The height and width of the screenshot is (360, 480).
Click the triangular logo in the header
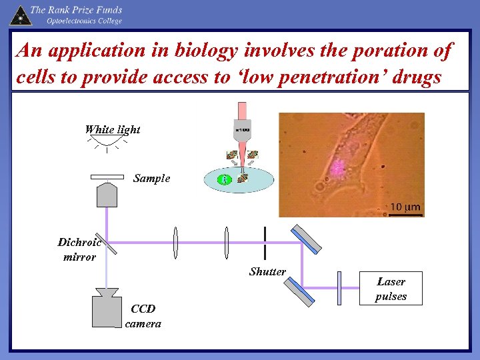pyautogui.click(x=20, y=15)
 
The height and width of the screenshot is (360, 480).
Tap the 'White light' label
pyautogui.click(x=112, y=130)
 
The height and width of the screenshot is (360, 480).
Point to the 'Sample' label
pyautogui.click(x=151, y=179)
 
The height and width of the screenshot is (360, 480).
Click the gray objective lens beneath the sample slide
pyautogui.click(x=107, y=194)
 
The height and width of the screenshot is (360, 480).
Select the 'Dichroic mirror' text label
pyautogui.click(x=79, y=249)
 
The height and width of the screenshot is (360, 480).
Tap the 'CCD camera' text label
pyautogui.click(x=143, y=316)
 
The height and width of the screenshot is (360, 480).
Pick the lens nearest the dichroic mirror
pyautogui.click(x=175, y=243)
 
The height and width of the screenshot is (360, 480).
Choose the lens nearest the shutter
pyautogui.click(x=227, y=243)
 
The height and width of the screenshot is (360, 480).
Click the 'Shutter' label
pyautogui.click(x=267, y=271)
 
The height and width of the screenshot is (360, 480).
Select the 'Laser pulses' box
pyautogui.click(x=391, y=289)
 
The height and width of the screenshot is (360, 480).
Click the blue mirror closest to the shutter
pyautogui.click(x=305, y=239)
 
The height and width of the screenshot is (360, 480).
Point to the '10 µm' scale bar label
pyautogui.click(x=405, y=207)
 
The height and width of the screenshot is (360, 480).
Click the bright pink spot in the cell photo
pyautogui.click(x=339, y=167)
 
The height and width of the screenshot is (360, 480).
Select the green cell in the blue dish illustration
pyautogui.click(x=225, y=179)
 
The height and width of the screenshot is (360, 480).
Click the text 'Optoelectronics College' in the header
pyautogui.click(x=84, y=21)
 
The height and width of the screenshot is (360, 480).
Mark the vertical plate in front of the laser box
pyautogui.click(x=339, y=287)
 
